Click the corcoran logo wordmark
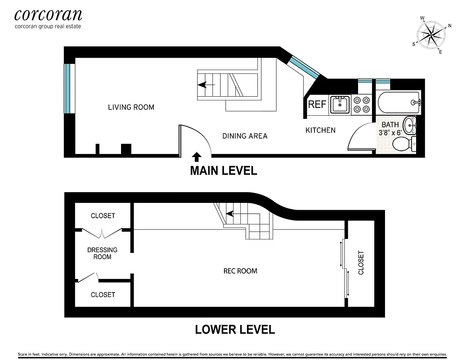coord(48,15)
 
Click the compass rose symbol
coord(431,35)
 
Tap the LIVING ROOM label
coord(131,107)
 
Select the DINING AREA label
coord(245,135)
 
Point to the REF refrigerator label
coord(317,105)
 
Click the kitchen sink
coord(340,104)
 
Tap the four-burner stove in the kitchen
coord(362,104)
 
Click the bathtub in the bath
coord(399,103)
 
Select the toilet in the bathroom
coord(403,144)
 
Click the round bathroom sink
coord(410,125)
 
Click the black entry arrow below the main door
coord(197,157)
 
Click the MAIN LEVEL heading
coord(223,171)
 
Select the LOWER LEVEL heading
coord(234,329)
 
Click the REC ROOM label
coord(240,271)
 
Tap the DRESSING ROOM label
coord(102,253)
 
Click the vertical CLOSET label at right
coord(361,263)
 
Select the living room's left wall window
coord(68,89)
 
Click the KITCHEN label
coord(320,130)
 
